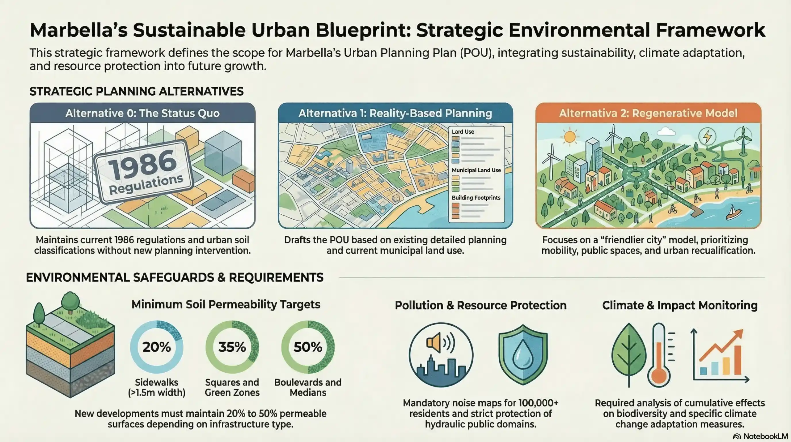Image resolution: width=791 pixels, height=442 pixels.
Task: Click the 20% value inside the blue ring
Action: coord(156,347)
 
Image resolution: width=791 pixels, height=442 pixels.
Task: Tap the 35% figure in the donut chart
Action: coord(232,347)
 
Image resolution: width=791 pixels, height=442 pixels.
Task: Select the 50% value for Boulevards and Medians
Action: coord(308,347)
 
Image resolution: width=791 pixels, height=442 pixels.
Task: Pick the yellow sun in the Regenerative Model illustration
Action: coord(569,137)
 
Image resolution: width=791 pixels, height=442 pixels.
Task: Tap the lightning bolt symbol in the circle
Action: coord(707,136)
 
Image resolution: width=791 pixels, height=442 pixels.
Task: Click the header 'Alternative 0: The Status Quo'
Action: coord(142,113)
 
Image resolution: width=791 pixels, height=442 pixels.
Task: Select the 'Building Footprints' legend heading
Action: coord(476,198)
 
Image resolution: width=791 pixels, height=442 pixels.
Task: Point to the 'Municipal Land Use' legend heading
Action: coord(476,170)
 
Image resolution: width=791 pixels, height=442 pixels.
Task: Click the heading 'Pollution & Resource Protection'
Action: coord(480,305)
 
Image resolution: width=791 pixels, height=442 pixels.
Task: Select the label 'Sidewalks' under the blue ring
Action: coord(157,382)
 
